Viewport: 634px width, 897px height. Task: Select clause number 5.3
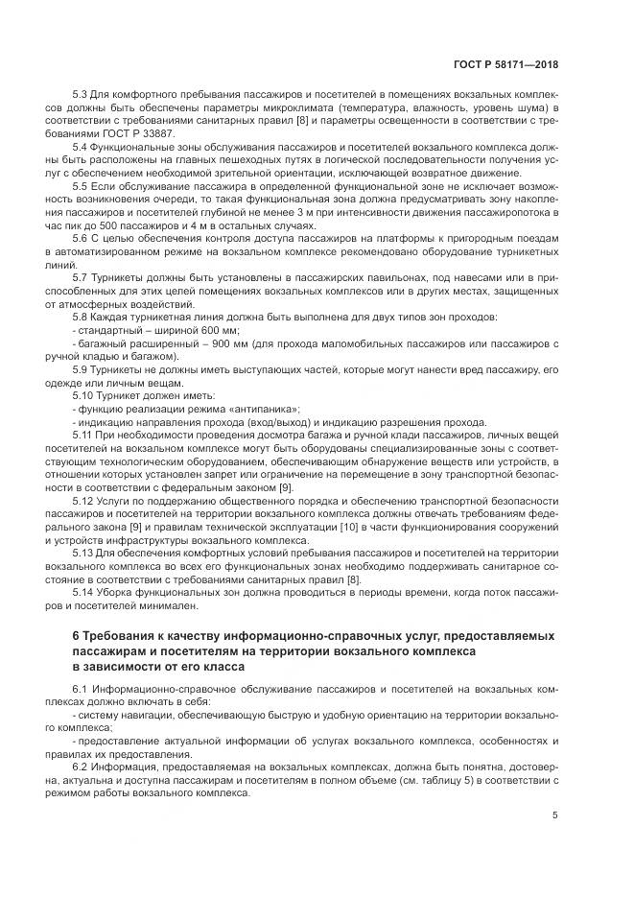[x=81, y=97]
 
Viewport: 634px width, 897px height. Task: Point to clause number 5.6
[x=81, y=237]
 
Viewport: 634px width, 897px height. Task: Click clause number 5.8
[x=81, y=316]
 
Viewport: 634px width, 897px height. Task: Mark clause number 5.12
[x=83, y=501]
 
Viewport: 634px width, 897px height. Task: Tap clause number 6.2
[x=81, y=756]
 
